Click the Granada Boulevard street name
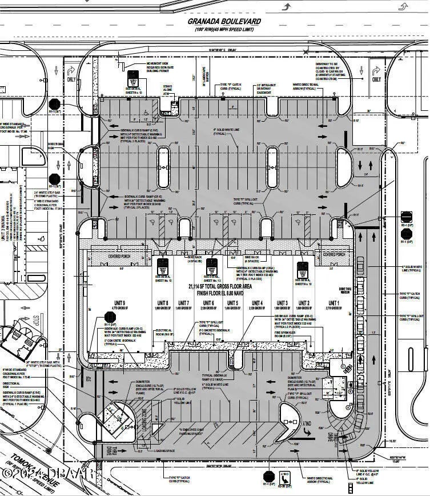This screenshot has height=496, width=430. pyautogui.click(x=224, y=21)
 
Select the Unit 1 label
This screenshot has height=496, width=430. pyautogui.click(x=333, y=303)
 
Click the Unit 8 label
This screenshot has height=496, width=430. pyautogui.click(x=163, y=303)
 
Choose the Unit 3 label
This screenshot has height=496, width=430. pyautogui.click(x=282, y=303)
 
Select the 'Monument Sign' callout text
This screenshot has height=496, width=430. pyautogui.click(x=159, y=66)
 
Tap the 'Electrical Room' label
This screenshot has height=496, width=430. pyautogui.click(x=164, y=332)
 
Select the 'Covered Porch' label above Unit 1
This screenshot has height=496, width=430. pyautogui.click(x=334, y=254)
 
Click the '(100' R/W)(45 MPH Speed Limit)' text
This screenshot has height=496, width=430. pyautogui.click(x=224, y=29)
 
